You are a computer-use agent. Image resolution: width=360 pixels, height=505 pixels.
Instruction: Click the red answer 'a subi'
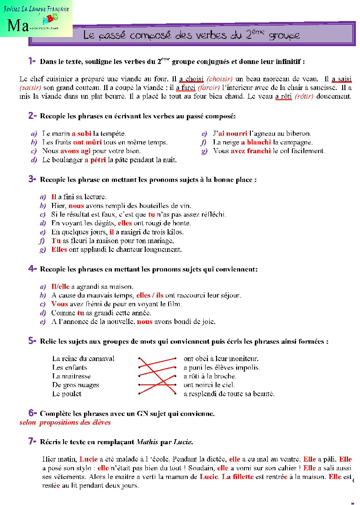81,134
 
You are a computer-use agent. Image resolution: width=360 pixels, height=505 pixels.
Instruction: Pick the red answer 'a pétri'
95,160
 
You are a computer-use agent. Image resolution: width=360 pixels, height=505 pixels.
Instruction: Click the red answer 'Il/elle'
60,287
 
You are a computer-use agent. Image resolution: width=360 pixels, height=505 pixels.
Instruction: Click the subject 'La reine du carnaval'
83,359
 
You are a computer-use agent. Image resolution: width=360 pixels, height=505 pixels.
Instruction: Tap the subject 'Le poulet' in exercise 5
67,393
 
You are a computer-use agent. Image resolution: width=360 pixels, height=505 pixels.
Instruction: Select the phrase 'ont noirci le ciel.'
209,385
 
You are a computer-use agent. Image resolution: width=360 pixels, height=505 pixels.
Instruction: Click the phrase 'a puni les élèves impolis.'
222,367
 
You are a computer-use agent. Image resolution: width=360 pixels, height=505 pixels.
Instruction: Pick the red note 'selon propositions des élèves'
65,423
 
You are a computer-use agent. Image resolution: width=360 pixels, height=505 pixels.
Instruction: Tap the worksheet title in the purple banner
192,35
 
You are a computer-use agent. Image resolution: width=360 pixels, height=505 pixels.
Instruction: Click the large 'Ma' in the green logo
18,25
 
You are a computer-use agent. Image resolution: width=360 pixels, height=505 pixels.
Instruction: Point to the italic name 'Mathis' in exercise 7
147,442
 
